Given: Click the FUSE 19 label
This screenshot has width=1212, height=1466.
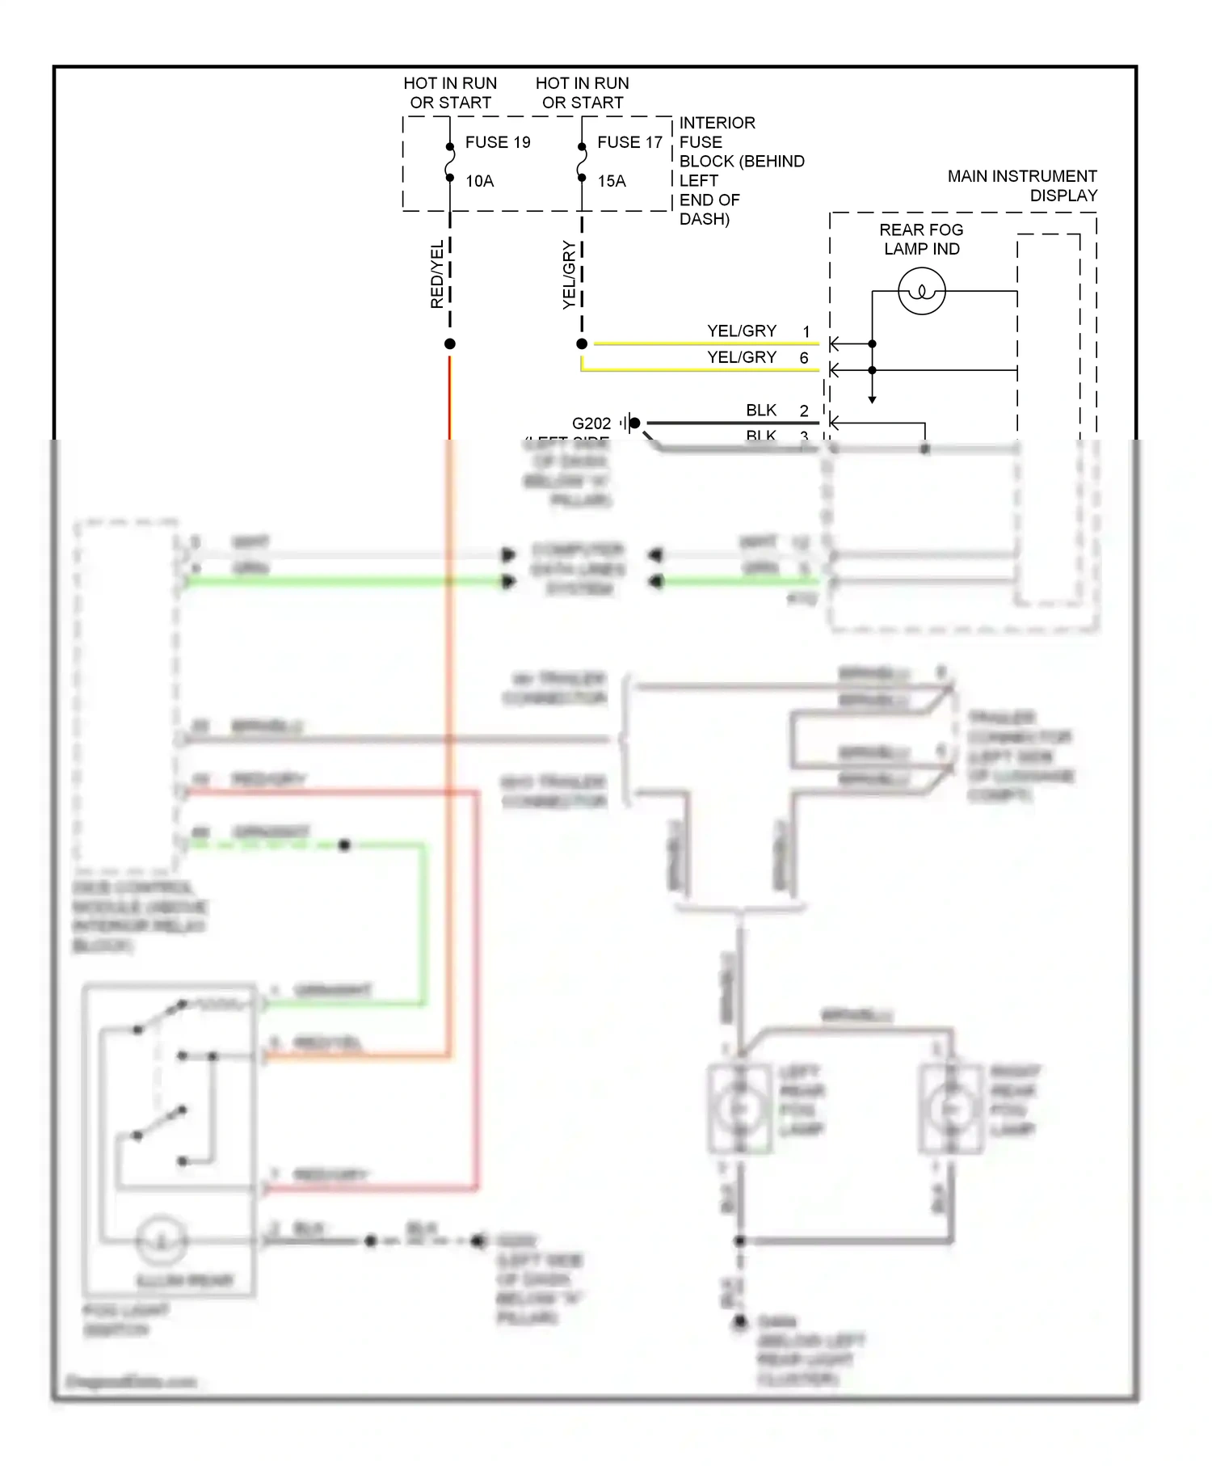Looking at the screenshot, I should pyautogui.click(x=497, y=142).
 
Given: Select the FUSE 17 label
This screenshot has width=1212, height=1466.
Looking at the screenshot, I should pyautogui.click(x=629, y=142).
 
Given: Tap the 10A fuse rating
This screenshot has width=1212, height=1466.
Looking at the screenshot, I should pyautogui.click(x=479, y=181).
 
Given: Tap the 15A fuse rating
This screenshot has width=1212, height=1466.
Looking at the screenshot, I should pyautogui.click(x=612, y=181).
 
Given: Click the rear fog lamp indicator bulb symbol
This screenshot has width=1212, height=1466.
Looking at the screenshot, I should pyautogui.click(x=921, y=292).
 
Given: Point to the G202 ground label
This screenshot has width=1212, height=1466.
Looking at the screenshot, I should pyautogui.click(x=591, y=423).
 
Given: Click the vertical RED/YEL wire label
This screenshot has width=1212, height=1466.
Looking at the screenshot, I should pyautogui.click(x=436, y=274).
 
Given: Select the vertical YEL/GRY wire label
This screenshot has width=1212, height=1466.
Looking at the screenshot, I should pyautogui.click(x=569, y=275).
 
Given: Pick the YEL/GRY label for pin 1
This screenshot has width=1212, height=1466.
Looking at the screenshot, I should pyautogui.click(x=741, y=331).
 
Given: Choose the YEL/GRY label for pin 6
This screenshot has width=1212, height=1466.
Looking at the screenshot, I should pyautogui.click(x=741, y=357).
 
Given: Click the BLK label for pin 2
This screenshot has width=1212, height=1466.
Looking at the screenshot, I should pyautogui.click(x=761, y=411).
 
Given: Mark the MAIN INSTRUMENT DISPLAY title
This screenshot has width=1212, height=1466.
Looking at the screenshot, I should pyautogui.click(x=1022, y=186).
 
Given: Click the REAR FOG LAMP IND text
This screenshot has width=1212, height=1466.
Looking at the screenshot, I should pyautogui.click(x=921, y=239).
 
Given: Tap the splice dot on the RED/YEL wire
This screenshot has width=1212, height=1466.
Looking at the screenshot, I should pyautogui.click(x=450, y=344).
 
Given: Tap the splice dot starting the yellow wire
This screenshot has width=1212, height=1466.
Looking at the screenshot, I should pyautogui.click(x=582, y=344).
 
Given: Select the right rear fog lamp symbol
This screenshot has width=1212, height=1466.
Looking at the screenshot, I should pyautogui.click(x=951, y=1108).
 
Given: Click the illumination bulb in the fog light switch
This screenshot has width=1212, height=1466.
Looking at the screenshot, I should pyautogui.click(x=162, y=1241).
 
